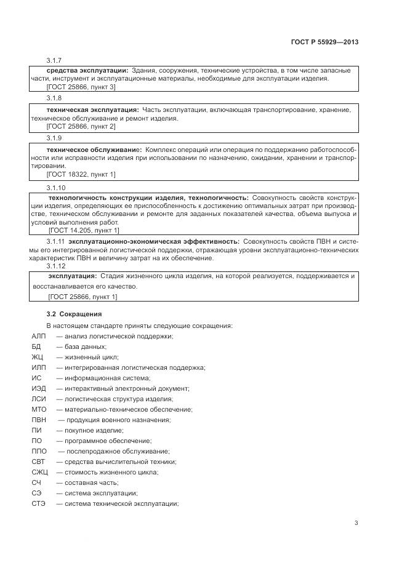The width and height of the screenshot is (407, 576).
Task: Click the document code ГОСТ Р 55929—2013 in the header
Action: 324,42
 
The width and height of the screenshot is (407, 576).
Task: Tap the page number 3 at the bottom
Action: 356,523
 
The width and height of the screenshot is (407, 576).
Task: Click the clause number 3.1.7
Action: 55,60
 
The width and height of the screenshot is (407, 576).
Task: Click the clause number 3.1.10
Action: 56,187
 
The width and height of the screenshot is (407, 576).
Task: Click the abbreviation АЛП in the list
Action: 38,336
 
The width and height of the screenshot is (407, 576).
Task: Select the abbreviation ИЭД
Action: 38,388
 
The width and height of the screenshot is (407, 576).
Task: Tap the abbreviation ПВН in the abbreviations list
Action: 38,420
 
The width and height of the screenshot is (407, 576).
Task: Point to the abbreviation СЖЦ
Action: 39,472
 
